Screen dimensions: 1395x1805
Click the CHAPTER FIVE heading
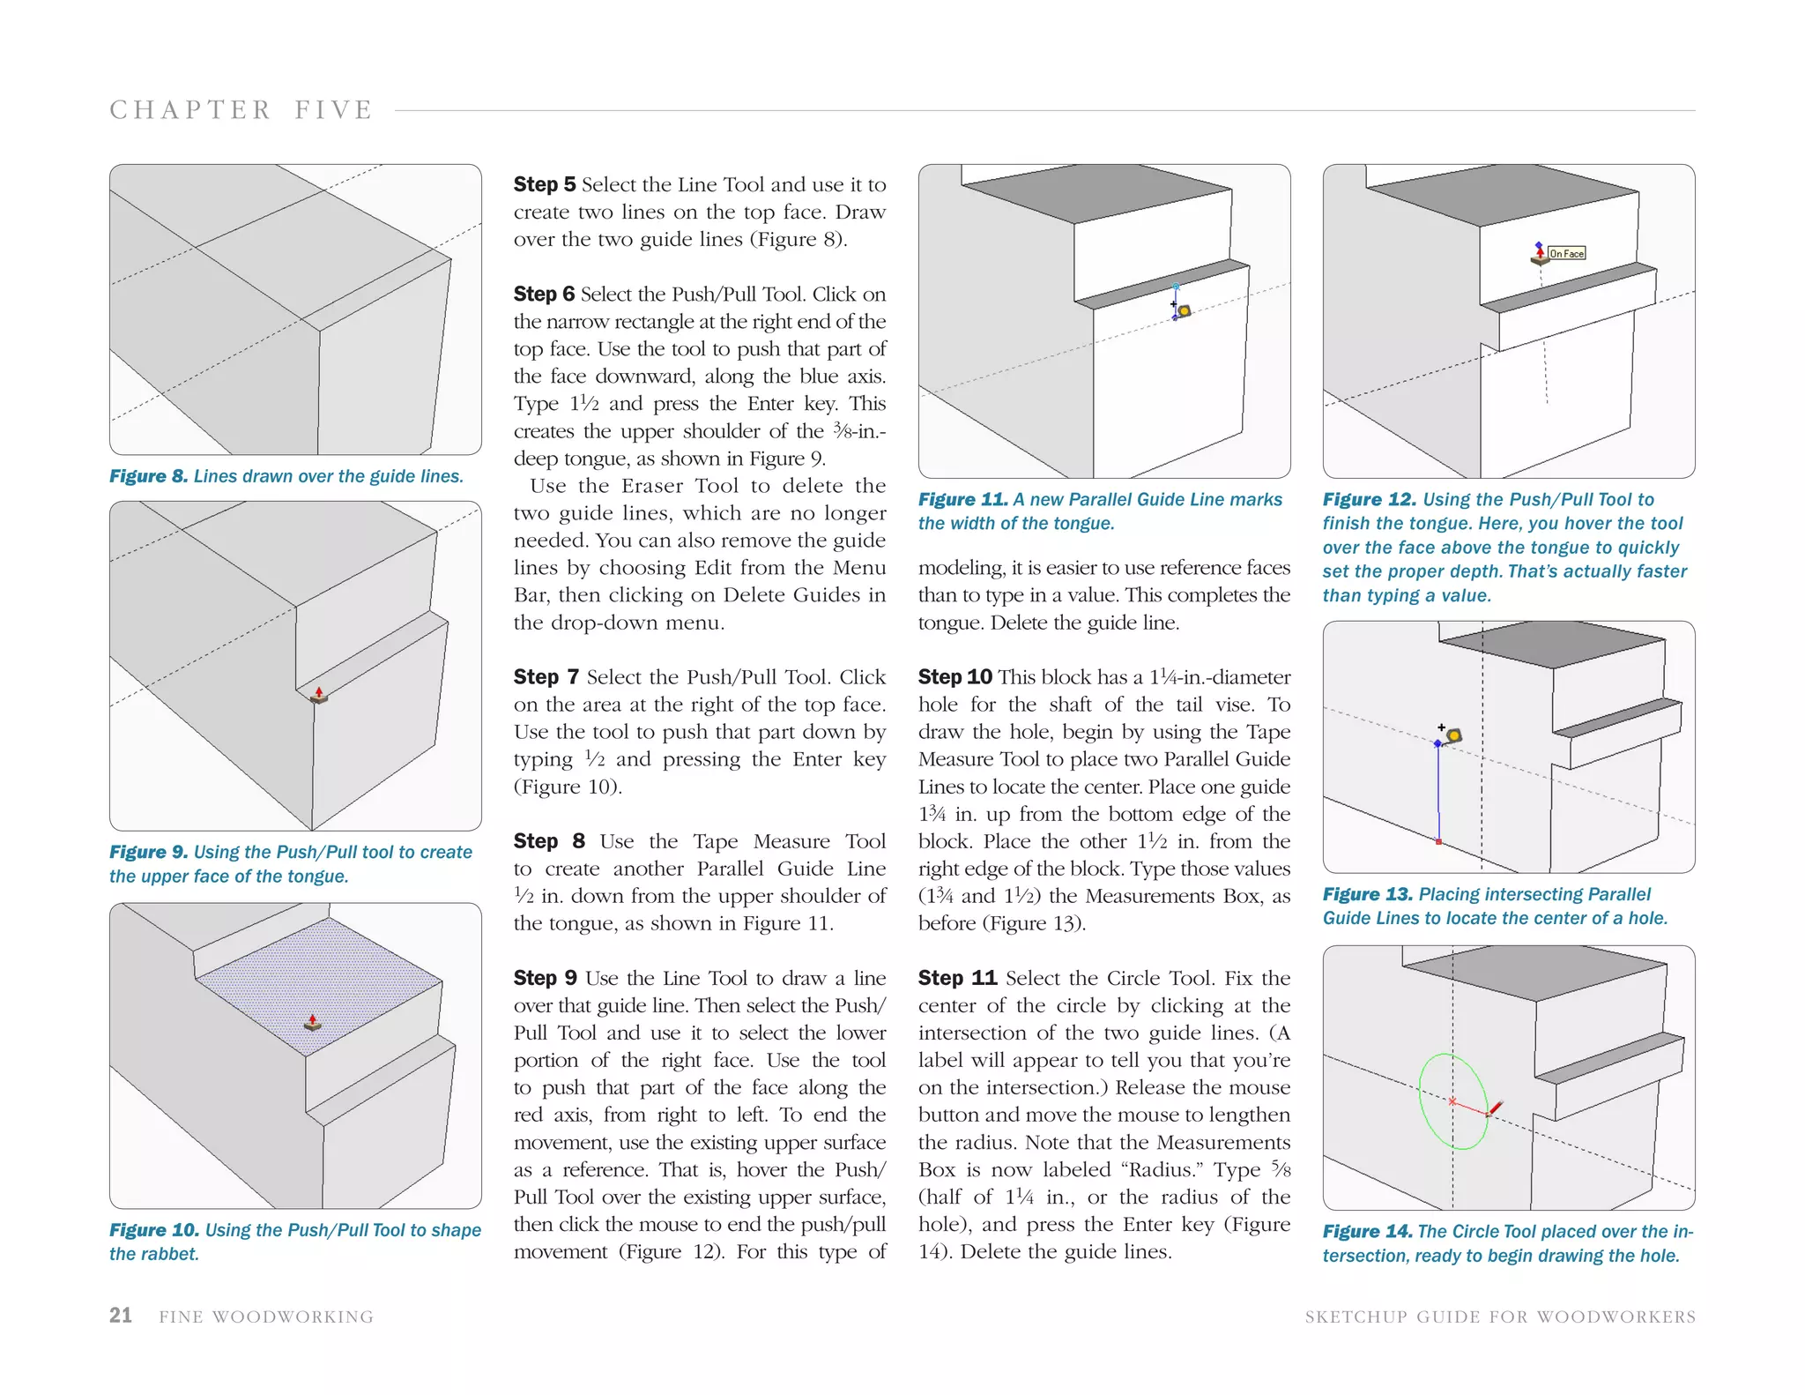click(x=241, y=110)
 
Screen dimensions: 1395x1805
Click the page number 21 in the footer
click(x=121, y=1315)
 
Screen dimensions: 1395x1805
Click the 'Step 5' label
click(x=544, y=184)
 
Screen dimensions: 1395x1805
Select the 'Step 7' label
click(x=546, y=676)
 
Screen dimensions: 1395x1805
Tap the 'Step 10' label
click(x=954, y=676)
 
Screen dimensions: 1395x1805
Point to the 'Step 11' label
click(x=957, y=977)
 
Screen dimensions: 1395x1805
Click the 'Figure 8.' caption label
click(x=148, y=476)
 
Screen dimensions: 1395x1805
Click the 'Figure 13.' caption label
click(x=1367, y=894)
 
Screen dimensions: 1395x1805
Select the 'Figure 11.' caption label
click(x=962, y=499)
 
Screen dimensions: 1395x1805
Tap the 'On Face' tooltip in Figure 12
click(x=1567, y=254)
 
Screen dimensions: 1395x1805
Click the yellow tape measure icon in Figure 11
click(x=1185, y=310)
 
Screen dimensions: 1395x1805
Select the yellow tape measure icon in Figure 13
click(x=1453, y=735)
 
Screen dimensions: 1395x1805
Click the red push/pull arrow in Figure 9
click(x=319, y=693)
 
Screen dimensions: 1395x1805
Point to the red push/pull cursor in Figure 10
click(x=312, y=1022)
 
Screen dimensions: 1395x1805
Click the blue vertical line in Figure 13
click(x=1438, y=794)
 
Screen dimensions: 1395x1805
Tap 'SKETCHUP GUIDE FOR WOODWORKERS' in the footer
click(x=1500, y=1317)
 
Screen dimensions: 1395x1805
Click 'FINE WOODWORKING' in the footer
click(x=266, y=1317)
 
